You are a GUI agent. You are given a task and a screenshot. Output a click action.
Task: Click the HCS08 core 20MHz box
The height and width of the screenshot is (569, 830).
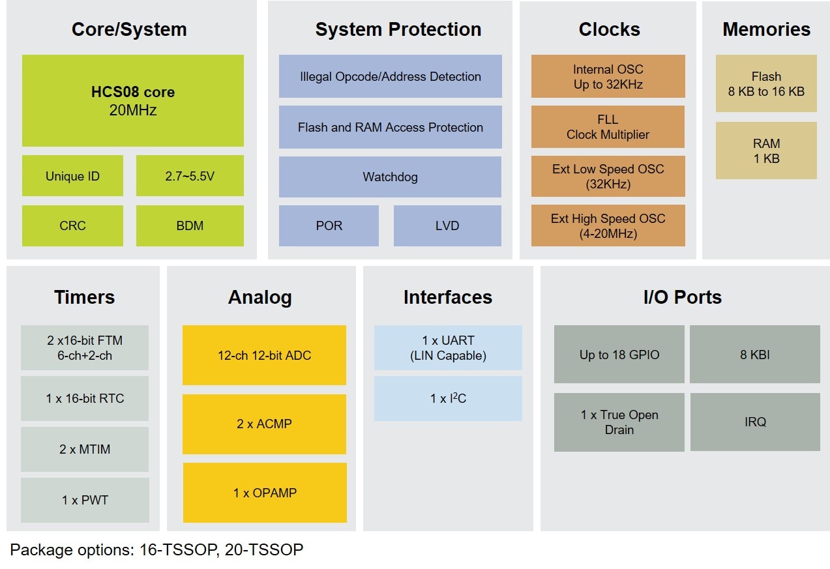133,100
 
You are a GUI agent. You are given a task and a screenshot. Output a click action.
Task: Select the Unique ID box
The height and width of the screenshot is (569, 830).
72,176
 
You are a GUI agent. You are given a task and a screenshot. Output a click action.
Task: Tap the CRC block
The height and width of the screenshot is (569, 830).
72,226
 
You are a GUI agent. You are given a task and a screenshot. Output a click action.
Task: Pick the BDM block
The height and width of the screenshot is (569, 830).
190,226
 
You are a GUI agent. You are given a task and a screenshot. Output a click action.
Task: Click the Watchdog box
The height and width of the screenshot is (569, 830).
390,177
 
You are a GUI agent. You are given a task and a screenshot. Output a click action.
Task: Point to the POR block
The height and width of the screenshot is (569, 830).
329,226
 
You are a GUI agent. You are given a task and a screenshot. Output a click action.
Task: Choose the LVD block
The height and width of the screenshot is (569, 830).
447,226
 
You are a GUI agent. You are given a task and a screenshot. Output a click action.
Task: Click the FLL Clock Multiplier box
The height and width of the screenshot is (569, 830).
608,127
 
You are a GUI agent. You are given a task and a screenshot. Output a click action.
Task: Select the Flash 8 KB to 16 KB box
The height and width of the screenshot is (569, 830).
766,84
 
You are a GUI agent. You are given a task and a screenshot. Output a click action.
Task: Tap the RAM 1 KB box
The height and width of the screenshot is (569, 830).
766,151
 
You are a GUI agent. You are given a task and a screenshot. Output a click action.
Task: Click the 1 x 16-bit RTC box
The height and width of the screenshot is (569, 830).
85,398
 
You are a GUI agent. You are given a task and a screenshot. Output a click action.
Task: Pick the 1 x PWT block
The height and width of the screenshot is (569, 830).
85,500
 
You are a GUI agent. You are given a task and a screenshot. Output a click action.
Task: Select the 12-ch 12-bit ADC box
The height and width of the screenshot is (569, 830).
264,355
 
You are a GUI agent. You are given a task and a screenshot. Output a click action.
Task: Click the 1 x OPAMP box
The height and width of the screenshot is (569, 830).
265,493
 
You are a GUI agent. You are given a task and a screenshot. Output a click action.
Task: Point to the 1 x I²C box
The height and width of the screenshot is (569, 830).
448,398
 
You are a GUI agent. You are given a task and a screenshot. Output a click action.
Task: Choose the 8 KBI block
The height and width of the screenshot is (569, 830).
755,355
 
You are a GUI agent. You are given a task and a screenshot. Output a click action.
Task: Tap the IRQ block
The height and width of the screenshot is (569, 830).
755,422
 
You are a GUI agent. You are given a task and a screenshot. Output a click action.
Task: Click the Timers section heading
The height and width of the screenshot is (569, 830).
84,297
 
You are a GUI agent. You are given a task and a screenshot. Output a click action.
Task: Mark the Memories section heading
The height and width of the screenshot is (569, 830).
766,29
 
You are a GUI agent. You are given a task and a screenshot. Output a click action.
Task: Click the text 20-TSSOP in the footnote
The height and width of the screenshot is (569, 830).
264,550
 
